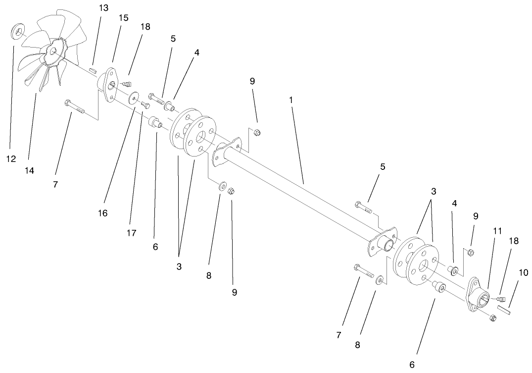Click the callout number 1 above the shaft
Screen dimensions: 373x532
(291, 100)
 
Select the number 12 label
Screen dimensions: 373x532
(11, 160)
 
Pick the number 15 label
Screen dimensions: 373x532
(123, 18)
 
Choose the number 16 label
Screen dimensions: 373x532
(103, 213)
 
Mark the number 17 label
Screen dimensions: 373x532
(131, 232)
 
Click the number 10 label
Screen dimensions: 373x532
(523, 273)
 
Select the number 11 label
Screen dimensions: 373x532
(497, 231)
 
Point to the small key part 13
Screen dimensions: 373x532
(93, 71)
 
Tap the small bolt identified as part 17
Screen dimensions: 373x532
(145, 105)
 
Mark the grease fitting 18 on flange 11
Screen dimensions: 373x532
(498, 299)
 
